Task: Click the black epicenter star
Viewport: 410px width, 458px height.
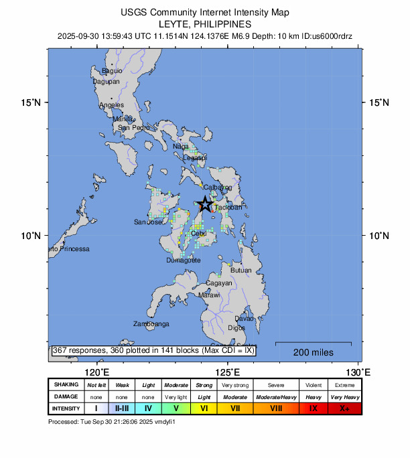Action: [206, 204]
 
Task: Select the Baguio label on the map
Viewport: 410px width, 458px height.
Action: [112, 70]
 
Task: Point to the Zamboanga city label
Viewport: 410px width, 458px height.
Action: [151, 324]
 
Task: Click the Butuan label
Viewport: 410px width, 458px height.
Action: [241, 271]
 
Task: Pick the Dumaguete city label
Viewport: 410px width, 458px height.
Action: [183, 260]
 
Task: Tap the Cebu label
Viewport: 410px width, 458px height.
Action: [198, 234]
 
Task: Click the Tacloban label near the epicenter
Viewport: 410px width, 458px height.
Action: [228, 208]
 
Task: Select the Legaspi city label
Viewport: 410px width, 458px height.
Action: [195, 157]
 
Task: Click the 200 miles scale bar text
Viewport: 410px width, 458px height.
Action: [314, 352]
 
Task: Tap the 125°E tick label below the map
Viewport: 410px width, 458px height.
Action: [228, 372]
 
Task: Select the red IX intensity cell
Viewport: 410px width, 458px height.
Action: [314, 408]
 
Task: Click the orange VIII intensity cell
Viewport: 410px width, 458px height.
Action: [275, 408]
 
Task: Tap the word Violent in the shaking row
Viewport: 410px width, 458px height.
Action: [314, 385]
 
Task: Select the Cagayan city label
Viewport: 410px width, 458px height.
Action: [218, 283]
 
